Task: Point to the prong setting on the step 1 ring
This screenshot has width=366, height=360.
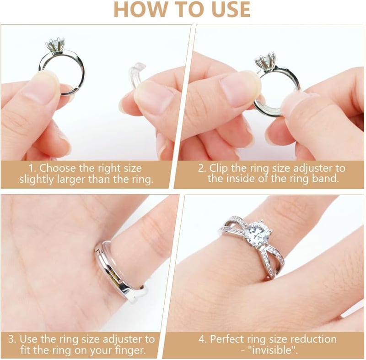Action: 54,45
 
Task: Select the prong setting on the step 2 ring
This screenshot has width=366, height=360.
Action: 265,62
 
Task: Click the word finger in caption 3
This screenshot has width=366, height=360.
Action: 130,350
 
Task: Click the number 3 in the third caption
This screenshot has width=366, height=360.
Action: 11,339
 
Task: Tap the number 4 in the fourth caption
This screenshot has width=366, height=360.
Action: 202,339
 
